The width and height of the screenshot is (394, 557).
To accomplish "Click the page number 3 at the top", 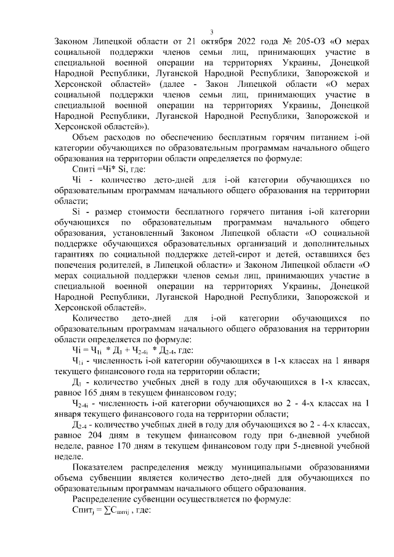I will [211, 32].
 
